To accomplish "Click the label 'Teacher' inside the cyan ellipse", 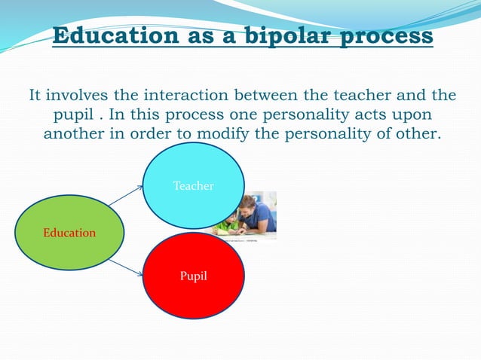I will [194, 185].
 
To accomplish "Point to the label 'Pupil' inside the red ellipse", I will [194, 276].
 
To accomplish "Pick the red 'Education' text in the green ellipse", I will [69, 233].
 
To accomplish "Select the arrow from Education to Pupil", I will [125, 267].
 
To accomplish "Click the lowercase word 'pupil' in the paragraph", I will [74, 115].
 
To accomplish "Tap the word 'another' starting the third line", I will [75, 134].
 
